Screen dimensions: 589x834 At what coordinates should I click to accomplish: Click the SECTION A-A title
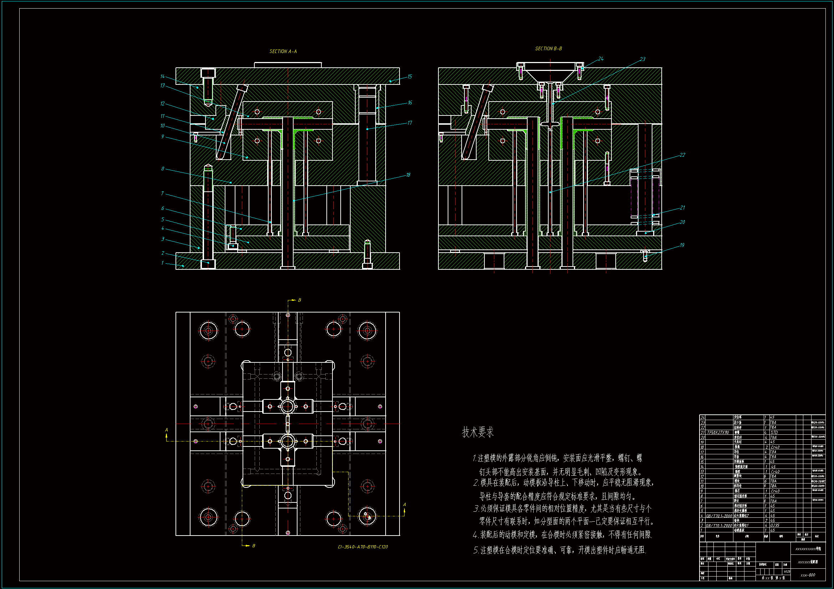(283, 52)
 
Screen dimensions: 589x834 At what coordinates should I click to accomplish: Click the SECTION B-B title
(549, 48)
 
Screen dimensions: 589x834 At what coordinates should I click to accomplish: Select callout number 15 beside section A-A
(410, 77)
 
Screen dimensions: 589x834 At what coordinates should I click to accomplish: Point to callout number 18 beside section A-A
(408, 175)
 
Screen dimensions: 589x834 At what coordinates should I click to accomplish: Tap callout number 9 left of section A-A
(163, 136)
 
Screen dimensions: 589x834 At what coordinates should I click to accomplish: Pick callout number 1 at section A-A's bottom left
(162, 263)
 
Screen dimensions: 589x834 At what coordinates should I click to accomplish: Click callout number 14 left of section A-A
(162, 76)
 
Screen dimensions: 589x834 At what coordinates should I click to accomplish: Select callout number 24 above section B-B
(601, 59)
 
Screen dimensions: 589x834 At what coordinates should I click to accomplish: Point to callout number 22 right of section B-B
(682, 155)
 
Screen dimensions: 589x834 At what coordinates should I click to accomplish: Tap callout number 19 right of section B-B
(682, 245)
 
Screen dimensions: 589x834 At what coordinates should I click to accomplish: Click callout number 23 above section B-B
(642, 59)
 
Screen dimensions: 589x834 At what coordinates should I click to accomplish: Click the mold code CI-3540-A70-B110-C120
(363, 547)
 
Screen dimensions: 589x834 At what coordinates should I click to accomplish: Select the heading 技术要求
(478, 432)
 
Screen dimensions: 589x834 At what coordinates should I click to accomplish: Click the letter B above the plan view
(299, 300)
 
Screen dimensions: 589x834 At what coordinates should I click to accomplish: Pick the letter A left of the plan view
(167, 430)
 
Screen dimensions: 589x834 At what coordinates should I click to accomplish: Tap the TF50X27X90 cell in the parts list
(718, 433)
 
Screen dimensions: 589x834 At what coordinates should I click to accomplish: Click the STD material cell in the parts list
(774, 433)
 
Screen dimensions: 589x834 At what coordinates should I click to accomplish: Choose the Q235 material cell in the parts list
(775, 525)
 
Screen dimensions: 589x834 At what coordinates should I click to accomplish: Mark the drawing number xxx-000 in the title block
(808, 575)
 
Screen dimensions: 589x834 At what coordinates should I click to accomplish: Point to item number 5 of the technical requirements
(476, 551)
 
